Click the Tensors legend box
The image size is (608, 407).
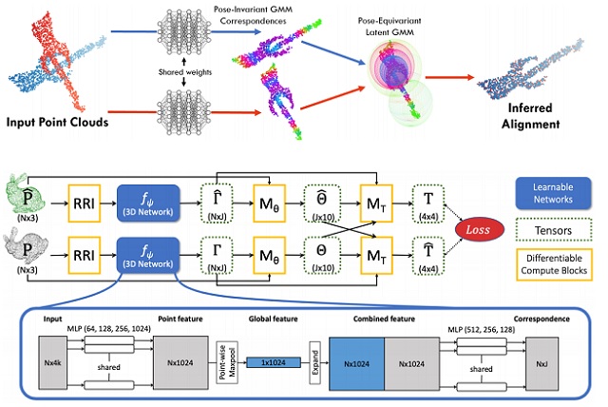(555, 230)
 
